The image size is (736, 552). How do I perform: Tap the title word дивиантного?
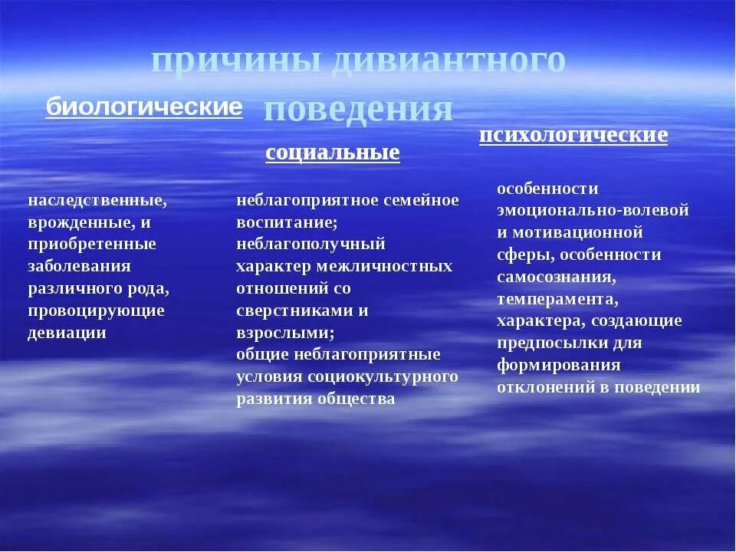(449, 62)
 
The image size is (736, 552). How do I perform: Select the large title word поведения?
(358, 110)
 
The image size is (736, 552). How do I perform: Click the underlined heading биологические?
(144, 107)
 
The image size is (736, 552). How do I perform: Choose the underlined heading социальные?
(333, 153)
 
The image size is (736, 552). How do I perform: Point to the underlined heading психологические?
(573, 136)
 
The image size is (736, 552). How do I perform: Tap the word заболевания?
(79, 266)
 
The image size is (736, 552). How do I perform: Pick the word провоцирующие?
(96, 310)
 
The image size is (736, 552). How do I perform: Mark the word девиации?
(67, 333)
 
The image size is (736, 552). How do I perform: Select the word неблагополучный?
(310, 244)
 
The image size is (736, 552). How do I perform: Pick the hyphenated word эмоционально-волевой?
(593, 210)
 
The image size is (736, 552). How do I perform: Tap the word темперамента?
(556, 298)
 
